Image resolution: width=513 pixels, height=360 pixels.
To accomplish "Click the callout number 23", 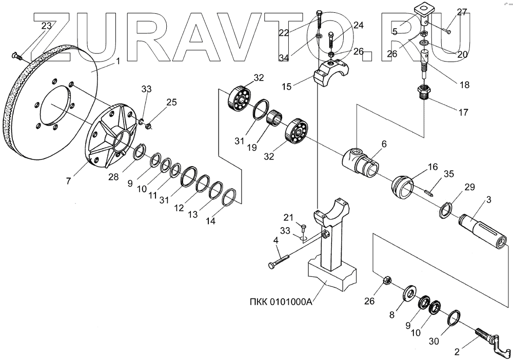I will (x=46, y=26).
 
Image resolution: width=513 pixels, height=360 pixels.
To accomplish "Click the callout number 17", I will (x=463, y=112).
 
